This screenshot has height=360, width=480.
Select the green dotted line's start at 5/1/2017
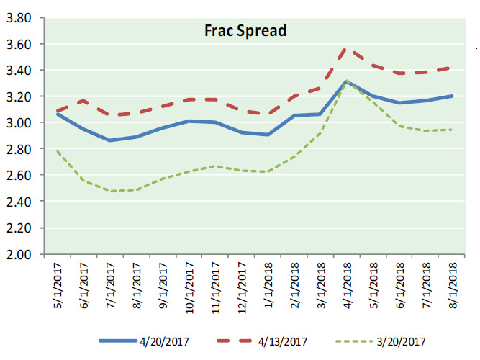(x=56, y=151)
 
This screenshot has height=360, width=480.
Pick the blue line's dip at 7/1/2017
(x=110, y=140)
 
